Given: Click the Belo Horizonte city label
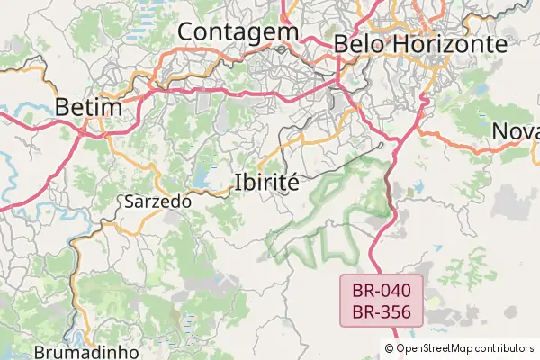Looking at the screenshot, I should point(419,43).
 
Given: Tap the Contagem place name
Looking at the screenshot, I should point(238,31).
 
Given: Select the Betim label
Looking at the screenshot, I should point(88,107).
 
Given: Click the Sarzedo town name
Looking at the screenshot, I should point(157,202).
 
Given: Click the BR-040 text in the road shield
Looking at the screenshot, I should point(382,291).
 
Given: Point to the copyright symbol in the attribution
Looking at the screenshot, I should point(390,348).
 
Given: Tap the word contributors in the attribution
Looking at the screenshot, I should point(505,348).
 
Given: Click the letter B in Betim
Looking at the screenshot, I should point(62,107).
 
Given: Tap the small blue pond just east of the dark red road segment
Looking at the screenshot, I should point(418,189).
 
